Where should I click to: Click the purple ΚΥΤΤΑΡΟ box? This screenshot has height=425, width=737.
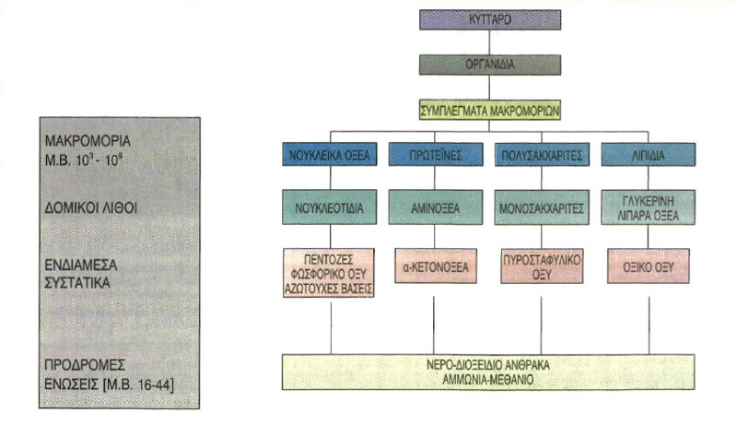coord(490,19)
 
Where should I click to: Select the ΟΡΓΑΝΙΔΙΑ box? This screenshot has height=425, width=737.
coord(490,65)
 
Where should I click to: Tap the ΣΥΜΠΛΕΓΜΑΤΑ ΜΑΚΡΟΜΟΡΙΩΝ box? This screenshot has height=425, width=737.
coord(490,111)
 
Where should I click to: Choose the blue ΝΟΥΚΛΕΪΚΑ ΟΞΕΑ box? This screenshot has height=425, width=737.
coord(330,154)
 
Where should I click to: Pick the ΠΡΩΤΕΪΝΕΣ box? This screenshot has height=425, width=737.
coord(436,154)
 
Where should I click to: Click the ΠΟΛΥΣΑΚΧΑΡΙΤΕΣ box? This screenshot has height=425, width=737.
coord(542,154)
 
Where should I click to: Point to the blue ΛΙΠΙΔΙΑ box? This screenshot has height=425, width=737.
coord(649,154)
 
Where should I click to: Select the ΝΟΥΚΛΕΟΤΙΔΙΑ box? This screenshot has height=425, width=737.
coord(330,207)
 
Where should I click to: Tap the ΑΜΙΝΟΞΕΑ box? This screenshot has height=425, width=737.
coord(436,207)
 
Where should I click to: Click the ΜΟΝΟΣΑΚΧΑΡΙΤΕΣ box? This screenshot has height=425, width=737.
coord(542,207)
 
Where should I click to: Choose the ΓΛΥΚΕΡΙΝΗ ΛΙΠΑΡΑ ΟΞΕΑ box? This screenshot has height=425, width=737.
coord(649,207)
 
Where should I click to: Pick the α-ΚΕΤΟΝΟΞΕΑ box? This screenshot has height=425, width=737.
coord(436,266)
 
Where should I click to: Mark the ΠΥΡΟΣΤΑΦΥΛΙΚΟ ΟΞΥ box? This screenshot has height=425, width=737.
coord(542,266)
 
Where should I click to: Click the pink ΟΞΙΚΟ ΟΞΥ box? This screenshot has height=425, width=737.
coord(649,266)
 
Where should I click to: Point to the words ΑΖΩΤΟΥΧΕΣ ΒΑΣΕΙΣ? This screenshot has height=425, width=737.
coord(329,289)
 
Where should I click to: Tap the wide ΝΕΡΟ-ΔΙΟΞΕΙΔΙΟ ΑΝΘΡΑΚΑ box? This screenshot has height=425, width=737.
coord(488,372)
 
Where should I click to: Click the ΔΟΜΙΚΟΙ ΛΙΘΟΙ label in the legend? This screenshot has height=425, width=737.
coord(90,207)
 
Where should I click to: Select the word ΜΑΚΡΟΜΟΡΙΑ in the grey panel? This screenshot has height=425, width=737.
coord(88,140)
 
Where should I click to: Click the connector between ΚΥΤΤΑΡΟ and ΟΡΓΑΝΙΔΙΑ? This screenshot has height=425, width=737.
coord(490,42)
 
